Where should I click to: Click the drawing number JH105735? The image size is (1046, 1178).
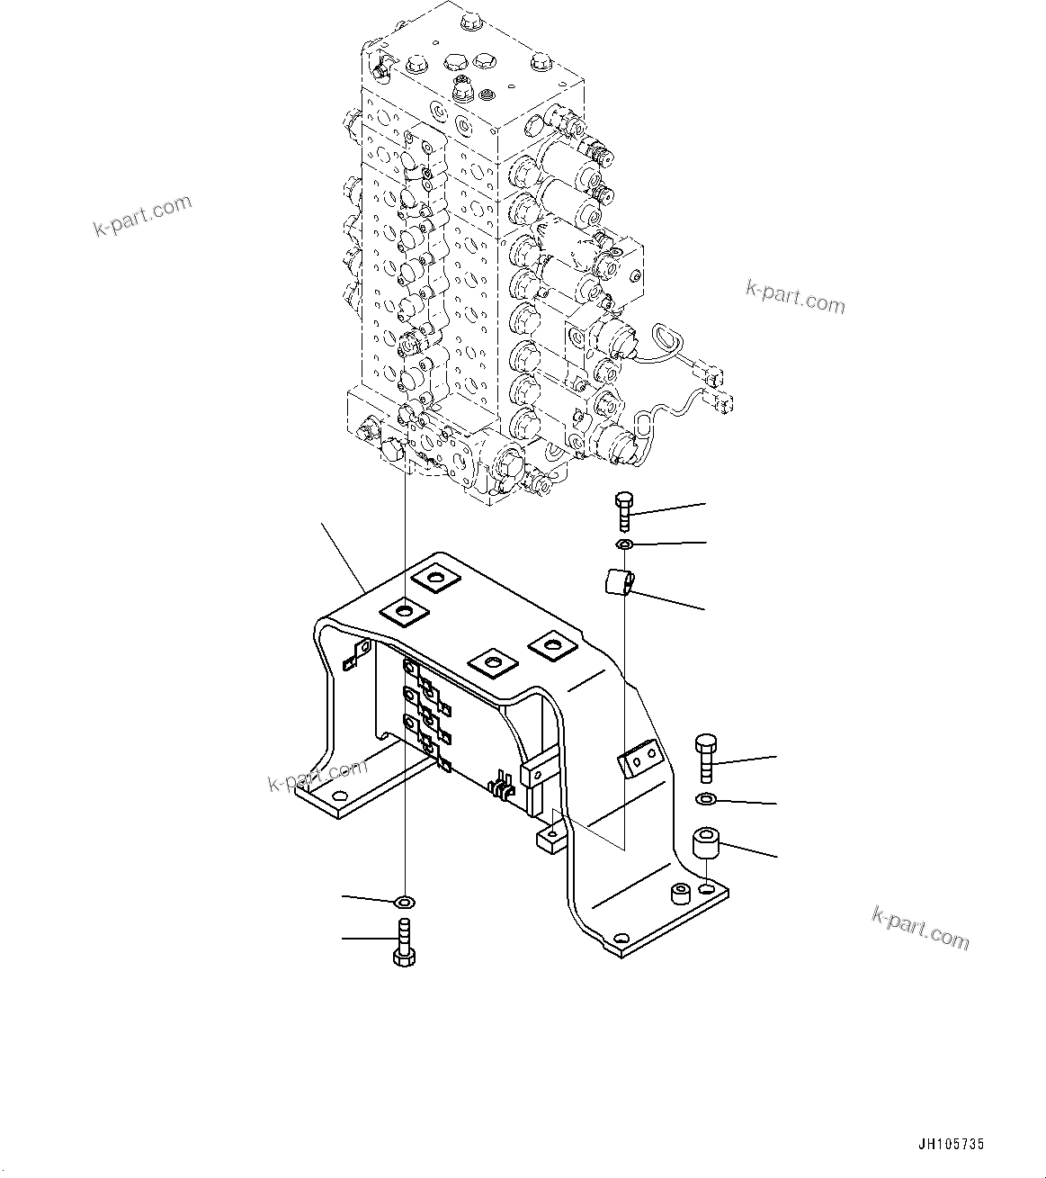pos(951,1145)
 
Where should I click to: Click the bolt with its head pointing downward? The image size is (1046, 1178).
pos(404,941)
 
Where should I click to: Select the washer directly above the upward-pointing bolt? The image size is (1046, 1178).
pos(405,901)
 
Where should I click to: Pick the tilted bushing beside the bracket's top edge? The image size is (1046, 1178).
pos(618,581)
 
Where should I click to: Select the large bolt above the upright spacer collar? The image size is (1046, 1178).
pos(706,758)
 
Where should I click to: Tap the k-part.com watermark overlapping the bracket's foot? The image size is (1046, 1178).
pos(317,775)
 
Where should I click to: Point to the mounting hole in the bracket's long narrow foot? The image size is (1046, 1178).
pos(338,797)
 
